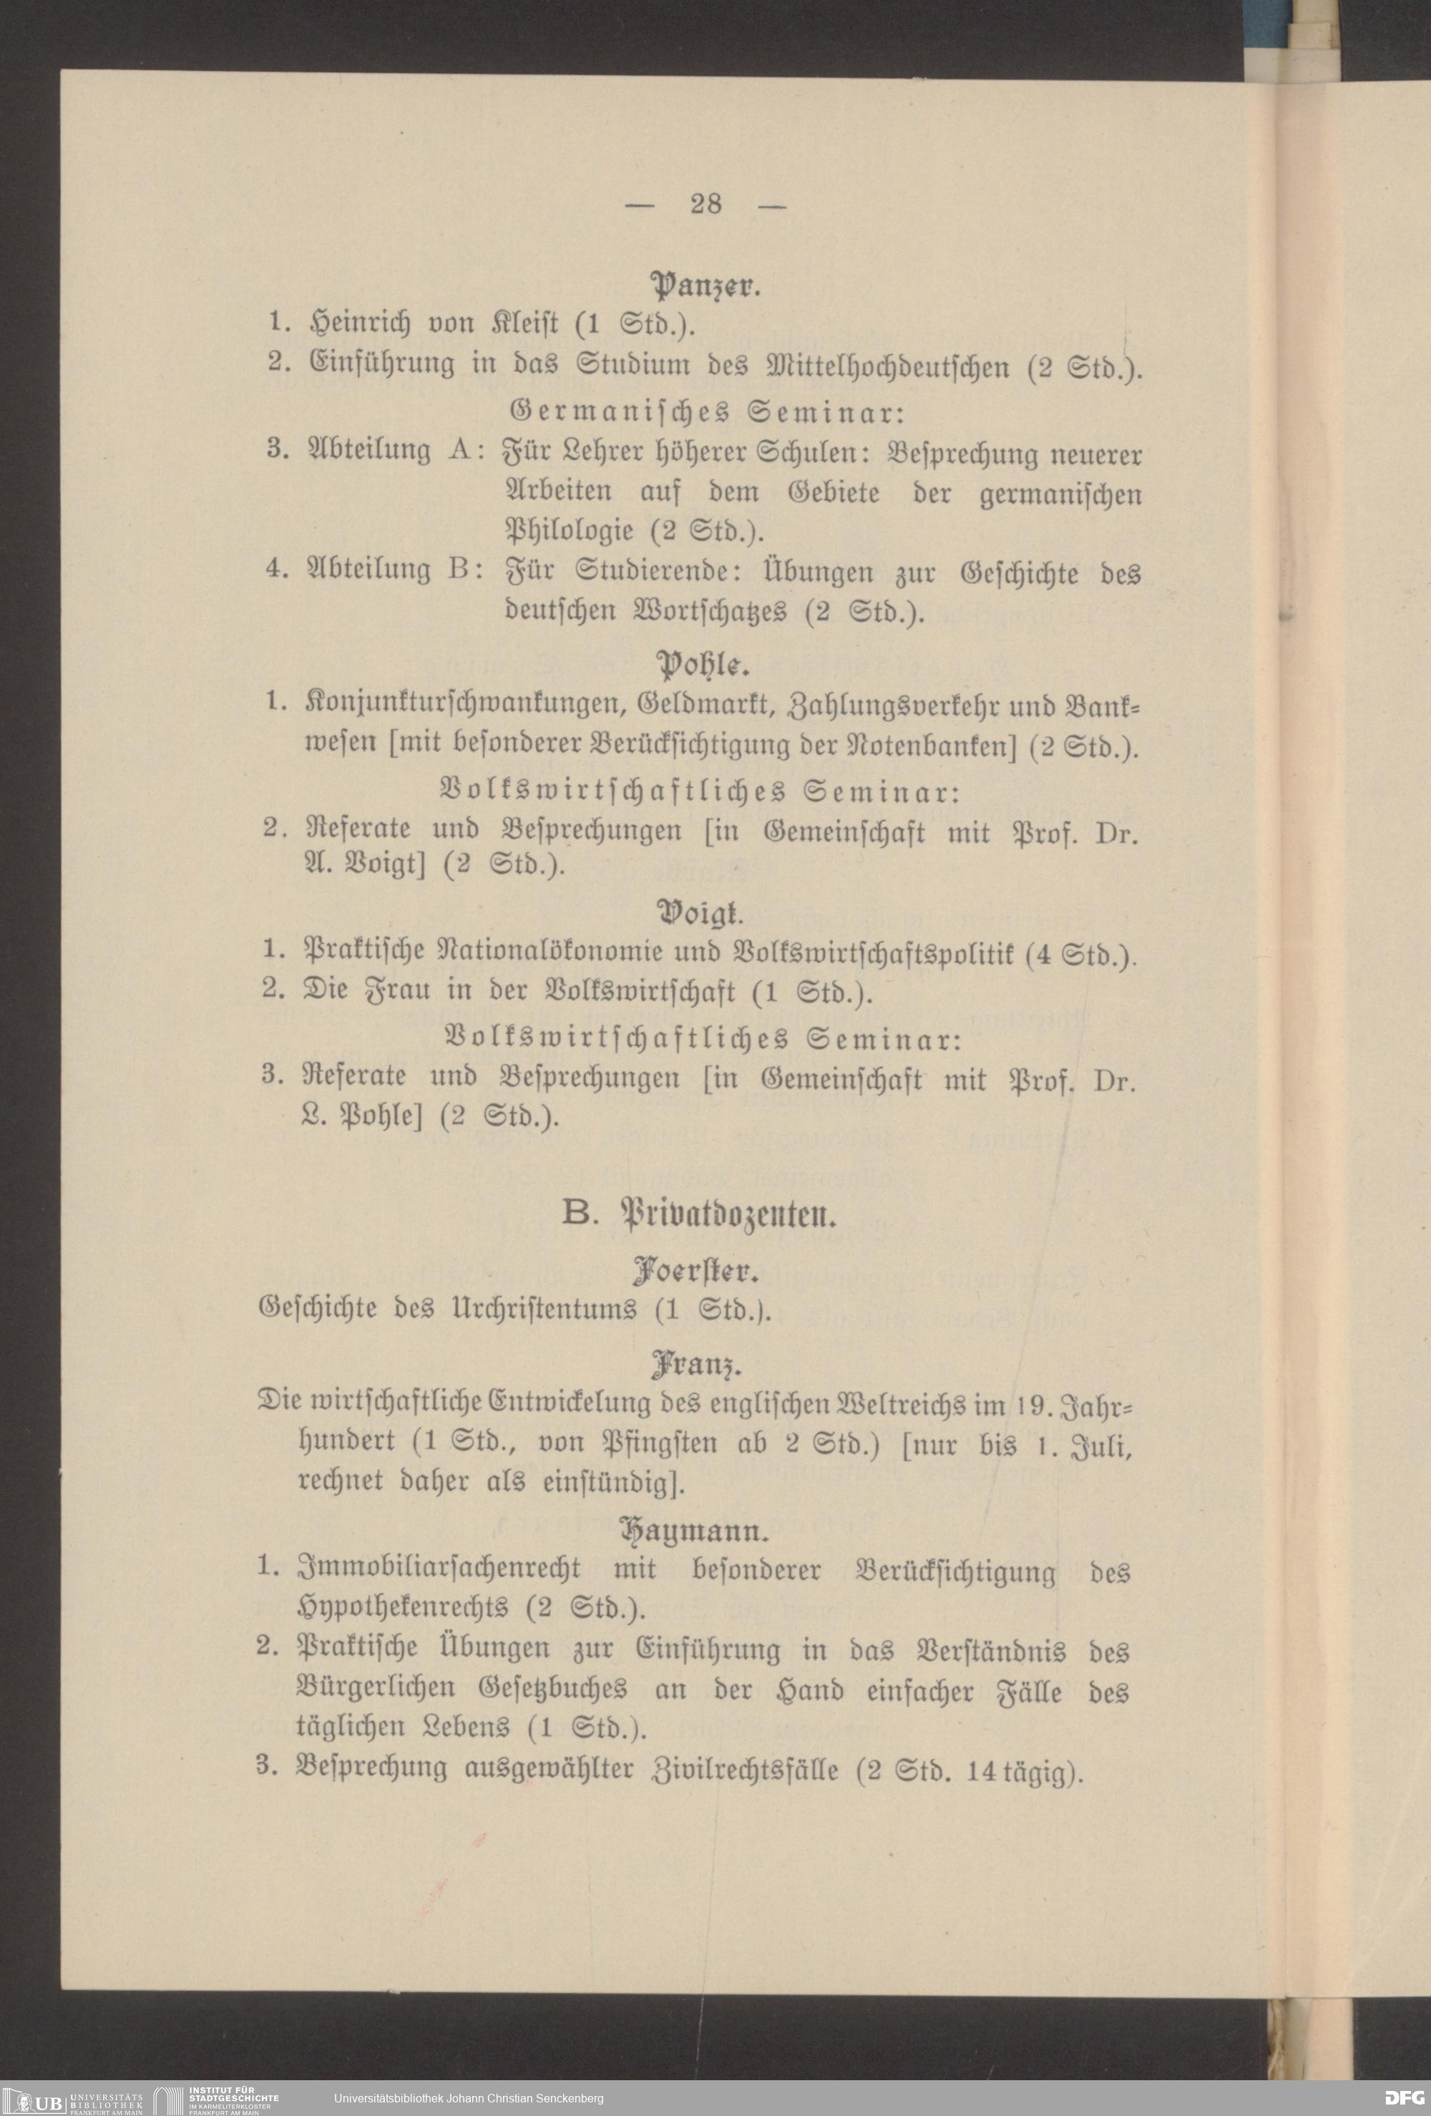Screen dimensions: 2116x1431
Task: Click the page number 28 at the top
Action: click(x=705, y=203)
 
